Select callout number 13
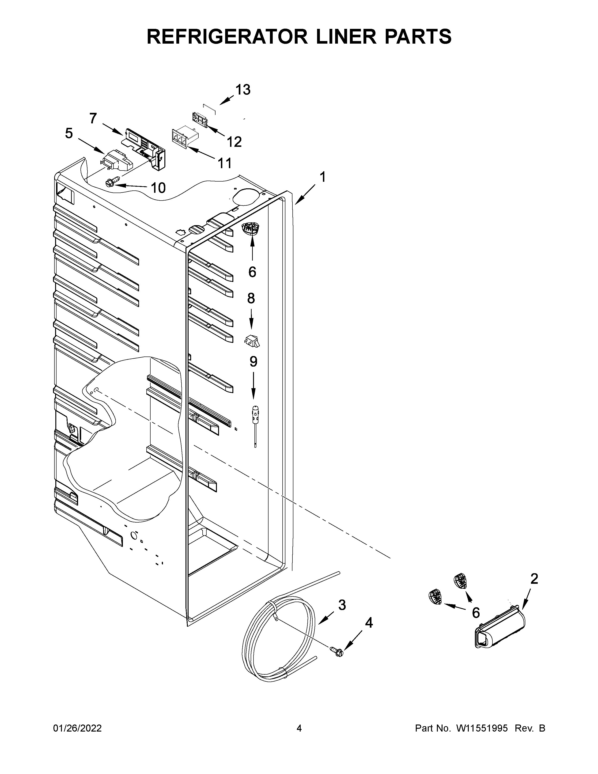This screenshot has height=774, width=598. click(243, 90)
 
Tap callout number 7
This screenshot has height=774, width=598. click(93, 118)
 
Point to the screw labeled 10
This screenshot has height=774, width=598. click(109, 183)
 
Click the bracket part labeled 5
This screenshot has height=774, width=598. click(116, 161)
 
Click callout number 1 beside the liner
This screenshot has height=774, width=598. click(322, 177)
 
